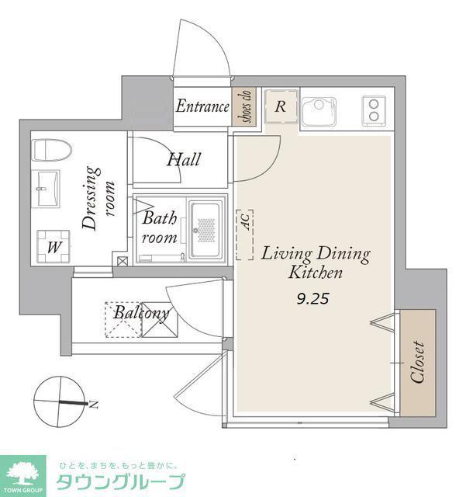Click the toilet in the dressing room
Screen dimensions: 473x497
[52, 150]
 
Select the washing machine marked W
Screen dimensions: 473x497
[54, 247]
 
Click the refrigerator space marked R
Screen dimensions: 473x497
[281, 107]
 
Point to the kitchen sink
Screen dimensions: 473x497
[319, 112]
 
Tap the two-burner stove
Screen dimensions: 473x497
[374, 111]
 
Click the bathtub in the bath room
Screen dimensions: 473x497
[205, 230]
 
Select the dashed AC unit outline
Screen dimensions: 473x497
[245, 235]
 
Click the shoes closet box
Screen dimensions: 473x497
[243, 106]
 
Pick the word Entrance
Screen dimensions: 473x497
[202, 106]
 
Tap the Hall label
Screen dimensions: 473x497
[184, 159]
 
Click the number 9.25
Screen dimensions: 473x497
[313, 298]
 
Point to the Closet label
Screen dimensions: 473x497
[417, 363]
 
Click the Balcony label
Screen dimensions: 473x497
[141, 314]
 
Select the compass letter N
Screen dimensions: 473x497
[94, 405]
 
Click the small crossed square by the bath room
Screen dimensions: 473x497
[123, 261]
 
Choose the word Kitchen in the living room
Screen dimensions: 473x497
[316, 273]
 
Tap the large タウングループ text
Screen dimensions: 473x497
[120, 483]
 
